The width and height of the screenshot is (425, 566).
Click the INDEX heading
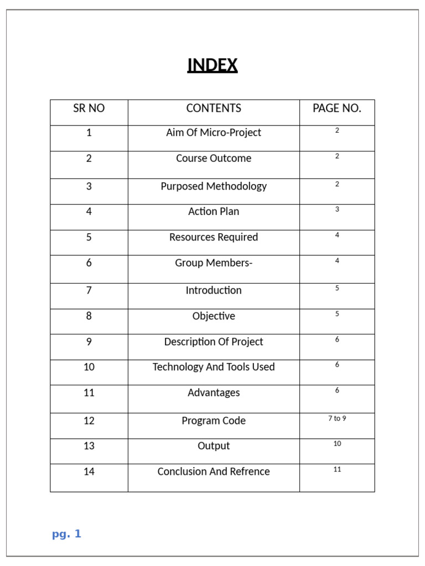[x=212, y=65]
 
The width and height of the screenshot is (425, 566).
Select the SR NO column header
[x=89, y=108]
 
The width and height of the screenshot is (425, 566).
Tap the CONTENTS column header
[x=214, y=108]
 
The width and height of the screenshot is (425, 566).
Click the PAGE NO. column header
[x=336, y=108]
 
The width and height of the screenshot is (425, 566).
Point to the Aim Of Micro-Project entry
[x=214, y=133]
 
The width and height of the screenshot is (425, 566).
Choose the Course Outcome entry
[x=214, y=158]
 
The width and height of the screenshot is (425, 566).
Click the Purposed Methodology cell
[x=214, y=186]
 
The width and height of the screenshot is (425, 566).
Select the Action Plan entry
[x=214, y=211]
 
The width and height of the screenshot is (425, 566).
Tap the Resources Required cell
[x=214, y=237]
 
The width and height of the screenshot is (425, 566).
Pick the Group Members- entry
[x=214, y=263]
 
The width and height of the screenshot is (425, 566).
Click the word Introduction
[x=214, y=290]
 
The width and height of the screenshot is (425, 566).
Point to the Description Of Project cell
[x=214, y=342]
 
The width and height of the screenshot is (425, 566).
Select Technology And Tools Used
[x=214, y=367]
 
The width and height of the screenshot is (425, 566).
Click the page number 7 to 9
[x=337, y=418]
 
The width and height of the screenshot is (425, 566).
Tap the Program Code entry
[x=214, y=421]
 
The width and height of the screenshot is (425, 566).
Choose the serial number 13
[x=89, y=446]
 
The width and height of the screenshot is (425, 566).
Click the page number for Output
[x=337, y=444]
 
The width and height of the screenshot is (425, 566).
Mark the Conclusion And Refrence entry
[x=214, y=471]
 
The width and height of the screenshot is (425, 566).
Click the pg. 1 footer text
[x=66, y=534]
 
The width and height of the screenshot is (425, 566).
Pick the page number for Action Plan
[x=337, y=209]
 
